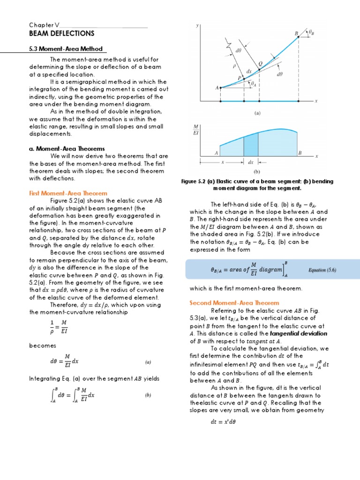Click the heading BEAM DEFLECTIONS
[x=61, y=34]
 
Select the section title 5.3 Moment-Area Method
[x=65, y=49]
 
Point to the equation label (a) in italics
[x=148, y=362]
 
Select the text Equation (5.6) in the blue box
[x=322, y=270]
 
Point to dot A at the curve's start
[x=220, y=87]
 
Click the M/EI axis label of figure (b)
[x=195, y=130]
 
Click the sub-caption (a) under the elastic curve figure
[x=257, y=113]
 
